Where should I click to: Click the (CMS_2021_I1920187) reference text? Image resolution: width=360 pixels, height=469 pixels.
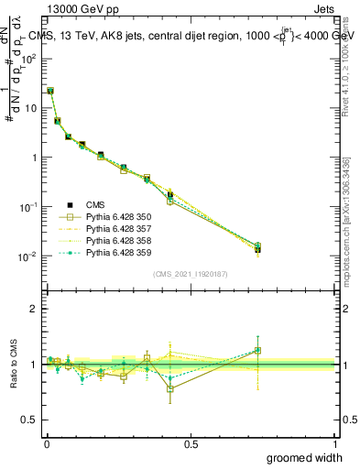tap(191, 274)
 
